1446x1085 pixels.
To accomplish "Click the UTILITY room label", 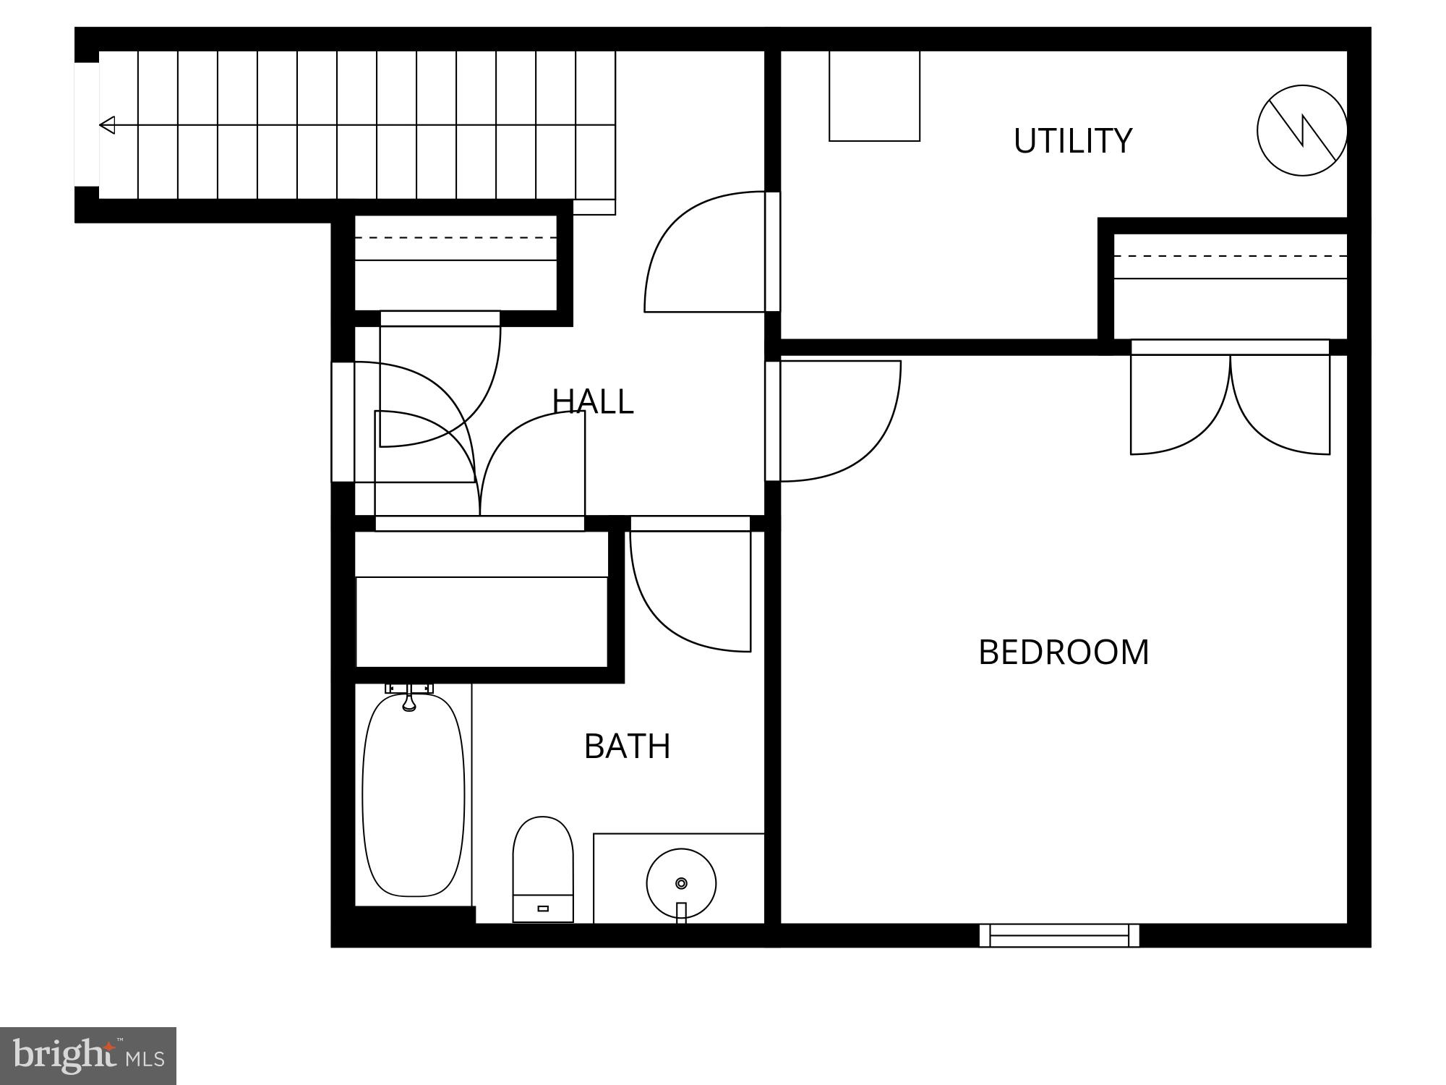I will coord(1072,141).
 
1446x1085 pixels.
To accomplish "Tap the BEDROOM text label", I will coord(1064,652).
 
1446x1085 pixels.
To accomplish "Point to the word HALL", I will coord(593,401).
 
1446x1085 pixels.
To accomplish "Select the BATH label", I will coord(627,746).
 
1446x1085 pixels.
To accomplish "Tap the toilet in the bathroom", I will coord(543,868).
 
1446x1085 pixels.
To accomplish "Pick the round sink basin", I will coord(681,883).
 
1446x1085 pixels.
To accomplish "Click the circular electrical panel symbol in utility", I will coord(1302,130).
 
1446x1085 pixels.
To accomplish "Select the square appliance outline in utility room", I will coord(874,95).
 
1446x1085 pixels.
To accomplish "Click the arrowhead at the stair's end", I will coord(107,125).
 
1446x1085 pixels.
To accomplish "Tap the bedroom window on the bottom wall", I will coord(1059,935).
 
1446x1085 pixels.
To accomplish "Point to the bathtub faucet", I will coord(409,699).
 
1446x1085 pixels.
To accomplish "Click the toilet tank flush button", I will coord(543,909).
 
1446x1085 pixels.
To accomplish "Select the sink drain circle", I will coord(681,883).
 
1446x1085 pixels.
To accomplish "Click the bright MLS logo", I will coord(88,1055).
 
